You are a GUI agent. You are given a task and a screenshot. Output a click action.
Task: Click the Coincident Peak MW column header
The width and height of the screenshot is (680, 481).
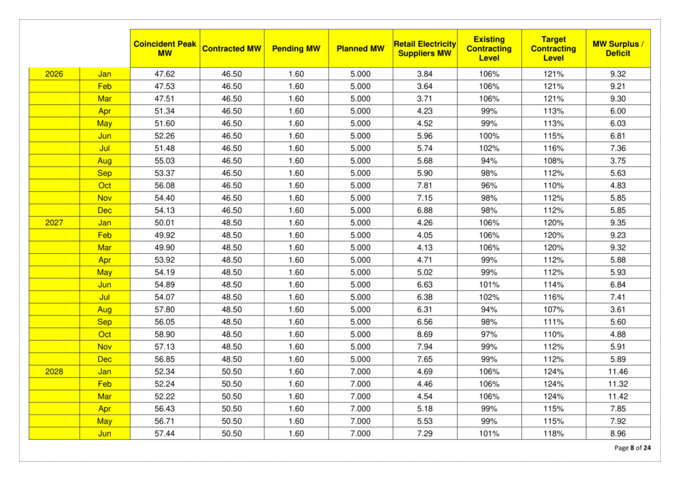click(165, 48)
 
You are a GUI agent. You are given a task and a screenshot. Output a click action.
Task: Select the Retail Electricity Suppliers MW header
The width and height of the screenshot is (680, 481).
click(425, 48)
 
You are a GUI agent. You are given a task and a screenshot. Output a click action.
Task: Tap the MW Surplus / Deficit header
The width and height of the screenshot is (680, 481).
click(618, 48)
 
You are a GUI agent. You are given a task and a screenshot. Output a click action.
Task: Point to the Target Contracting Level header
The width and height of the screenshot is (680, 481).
click(554, 48)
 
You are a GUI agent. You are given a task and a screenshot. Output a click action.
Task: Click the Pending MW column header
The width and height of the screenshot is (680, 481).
click(296, 48)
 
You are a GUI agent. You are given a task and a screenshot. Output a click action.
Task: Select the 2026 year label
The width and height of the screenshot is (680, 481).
click(54, 74)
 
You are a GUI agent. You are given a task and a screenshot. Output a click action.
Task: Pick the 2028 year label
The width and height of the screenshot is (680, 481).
click(54, 371)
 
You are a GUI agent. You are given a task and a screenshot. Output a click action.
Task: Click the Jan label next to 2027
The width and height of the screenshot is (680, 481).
click(105, 223)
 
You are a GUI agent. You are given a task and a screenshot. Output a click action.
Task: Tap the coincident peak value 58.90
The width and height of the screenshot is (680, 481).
click(165, 334)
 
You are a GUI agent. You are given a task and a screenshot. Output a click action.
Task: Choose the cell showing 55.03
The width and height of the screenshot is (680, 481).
click(165, 161)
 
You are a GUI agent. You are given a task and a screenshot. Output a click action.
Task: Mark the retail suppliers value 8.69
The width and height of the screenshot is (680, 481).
click(425, 334)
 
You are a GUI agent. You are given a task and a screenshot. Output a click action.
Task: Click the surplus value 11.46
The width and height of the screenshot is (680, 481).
click(618, 371)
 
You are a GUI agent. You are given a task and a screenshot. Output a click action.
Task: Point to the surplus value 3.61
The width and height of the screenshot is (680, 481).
click(618, 310)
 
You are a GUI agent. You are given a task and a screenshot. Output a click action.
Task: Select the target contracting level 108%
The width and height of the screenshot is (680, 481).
click(554, 161)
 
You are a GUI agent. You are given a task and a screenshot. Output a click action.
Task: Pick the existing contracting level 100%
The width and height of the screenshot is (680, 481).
click(489, 136)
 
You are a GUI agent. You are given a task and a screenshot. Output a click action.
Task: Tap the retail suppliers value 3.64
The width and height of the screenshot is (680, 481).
click(425, 86)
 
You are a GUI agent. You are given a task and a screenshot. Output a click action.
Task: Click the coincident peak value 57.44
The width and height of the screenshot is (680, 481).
click(165, 433)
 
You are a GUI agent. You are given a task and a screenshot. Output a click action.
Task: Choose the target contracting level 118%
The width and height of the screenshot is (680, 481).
click(554, 433)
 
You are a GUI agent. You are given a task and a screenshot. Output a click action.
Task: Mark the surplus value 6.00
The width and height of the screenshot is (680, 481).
click(618, 111)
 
